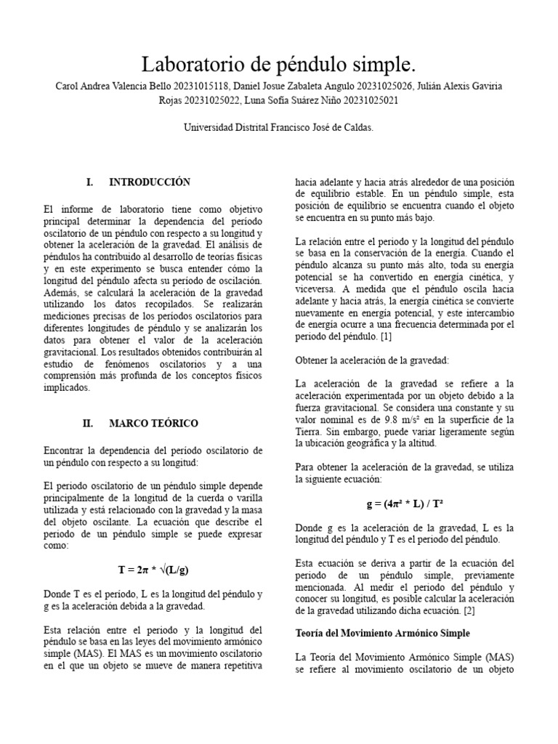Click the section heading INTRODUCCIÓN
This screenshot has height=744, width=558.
(149, 182)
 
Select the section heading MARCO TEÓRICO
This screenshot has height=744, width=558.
(153, 423)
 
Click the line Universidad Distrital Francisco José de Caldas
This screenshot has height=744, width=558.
(278, 127)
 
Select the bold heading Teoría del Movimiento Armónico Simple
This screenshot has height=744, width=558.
(382, 633)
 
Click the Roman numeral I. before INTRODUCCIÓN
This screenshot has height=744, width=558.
(89, 182)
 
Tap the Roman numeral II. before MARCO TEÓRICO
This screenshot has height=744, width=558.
(88, 423)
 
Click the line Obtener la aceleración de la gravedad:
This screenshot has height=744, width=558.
(372, 360)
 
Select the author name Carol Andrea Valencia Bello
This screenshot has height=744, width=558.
(109, 86)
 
